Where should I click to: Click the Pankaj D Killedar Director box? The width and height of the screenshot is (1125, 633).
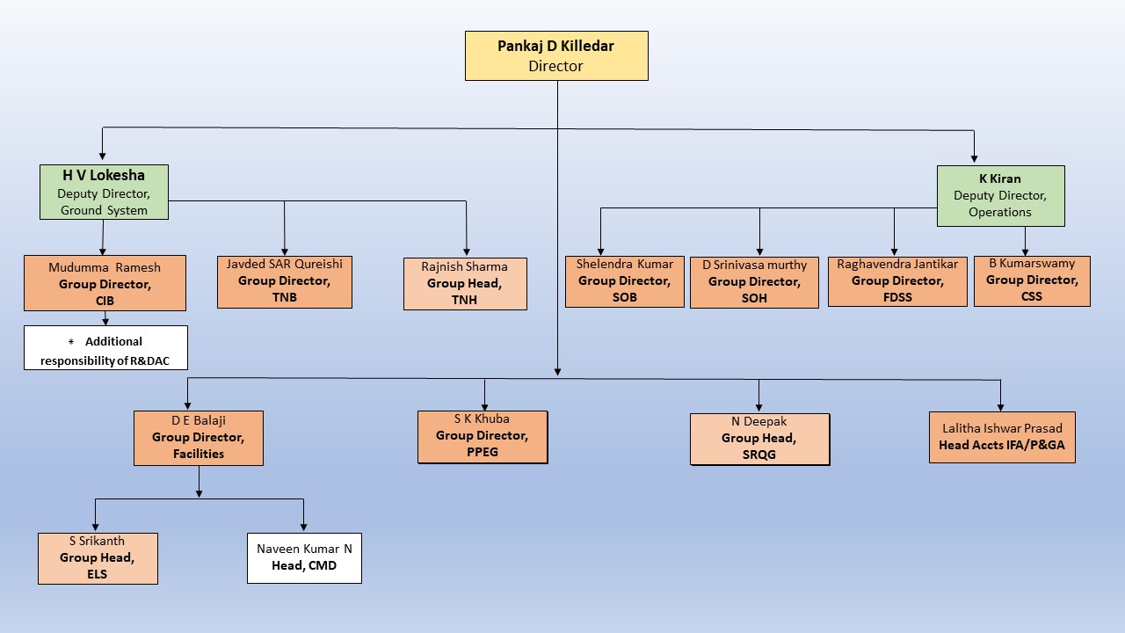click(556, 56)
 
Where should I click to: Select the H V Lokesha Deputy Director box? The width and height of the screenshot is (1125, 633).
click(104, 192)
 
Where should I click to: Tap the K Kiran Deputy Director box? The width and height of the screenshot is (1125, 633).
click(1000, 195)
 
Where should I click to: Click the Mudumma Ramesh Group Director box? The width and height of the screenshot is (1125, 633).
click(105, 283)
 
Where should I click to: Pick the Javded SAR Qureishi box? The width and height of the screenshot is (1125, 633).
click(285, 281)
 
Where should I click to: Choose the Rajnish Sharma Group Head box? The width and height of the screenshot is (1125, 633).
click(465, 283)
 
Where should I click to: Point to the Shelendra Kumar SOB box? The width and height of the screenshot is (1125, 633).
click(624, 281)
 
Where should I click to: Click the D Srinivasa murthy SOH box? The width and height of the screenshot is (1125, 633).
click(754, 282)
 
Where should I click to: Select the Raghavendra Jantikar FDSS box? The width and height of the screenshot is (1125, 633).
click(897, 281)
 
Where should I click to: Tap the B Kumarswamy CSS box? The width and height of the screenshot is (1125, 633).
click(1032, 281)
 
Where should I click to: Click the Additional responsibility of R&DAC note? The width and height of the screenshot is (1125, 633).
click(105, 348)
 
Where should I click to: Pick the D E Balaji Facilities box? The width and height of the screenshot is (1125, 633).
click(199, 438)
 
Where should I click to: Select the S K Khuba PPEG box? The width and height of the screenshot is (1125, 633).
click(482, 436)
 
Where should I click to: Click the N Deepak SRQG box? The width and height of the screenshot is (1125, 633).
click(759, 439)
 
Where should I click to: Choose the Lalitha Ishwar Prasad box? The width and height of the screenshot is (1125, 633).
click(1002, 437)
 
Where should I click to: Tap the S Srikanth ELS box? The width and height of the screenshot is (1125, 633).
click(98, 558)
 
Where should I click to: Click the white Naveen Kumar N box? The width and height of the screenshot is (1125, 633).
click(304, 557)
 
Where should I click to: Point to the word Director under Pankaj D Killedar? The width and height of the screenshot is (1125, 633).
click(556, 66)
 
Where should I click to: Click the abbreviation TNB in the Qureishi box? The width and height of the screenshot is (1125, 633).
click(285, 297)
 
